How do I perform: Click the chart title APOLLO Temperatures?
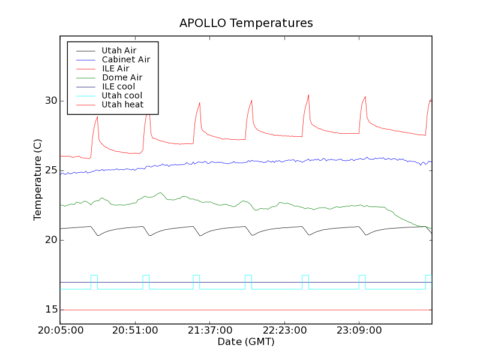(x=246, y=23)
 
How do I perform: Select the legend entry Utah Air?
(x=119, y=50)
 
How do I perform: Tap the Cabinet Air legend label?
(x=125, y=59)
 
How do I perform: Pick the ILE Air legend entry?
(x=115, y=68)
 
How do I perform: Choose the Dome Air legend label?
(x=122, y=77)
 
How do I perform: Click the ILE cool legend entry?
(x=118, y=86)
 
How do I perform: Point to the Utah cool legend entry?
(x=122, y=95)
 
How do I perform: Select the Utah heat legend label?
(x=122, y=104)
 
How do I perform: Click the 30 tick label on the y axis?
(x=51, y=101)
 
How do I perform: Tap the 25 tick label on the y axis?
(x=51, y=170)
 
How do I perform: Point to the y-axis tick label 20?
(x=51, y=240)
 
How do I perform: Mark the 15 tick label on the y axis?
(x=51, y=310)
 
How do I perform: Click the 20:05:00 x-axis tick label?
(x=60, y=331)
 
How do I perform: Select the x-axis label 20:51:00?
(x=134, y=331)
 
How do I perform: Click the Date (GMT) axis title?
(x=246, y=342)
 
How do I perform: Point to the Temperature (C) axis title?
(x=38, y=179)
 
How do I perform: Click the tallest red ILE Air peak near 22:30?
(x=308, y=95)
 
